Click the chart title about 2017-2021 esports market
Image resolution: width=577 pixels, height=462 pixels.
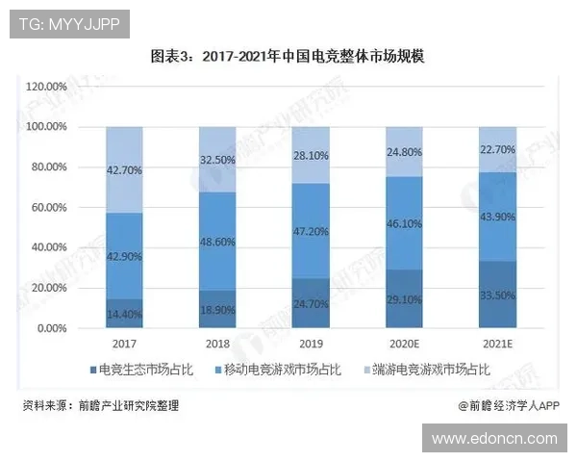click(288, 57)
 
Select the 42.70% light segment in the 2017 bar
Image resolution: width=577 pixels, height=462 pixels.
click(125, 169)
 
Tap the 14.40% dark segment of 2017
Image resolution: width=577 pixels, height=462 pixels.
click(125, 314)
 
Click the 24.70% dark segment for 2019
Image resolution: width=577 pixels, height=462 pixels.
click(312, 303)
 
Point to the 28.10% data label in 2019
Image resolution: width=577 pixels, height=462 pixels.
click(312, 155)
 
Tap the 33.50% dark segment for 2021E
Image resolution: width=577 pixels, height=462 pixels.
click(498, 295)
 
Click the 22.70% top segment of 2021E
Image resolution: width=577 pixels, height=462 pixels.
click(498, 149)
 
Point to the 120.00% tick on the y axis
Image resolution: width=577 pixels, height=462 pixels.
click(45, 87)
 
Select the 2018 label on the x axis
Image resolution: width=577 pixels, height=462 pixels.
click(218, 344)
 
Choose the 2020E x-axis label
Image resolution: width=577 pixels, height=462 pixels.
click(405, 344)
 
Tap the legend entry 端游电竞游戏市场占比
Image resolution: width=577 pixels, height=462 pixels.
click(429, 370)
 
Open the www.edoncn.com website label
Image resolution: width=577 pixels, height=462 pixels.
click(494, 438)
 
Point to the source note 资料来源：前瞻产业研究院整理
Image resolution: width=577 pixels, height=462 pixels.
click(101, 406)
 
